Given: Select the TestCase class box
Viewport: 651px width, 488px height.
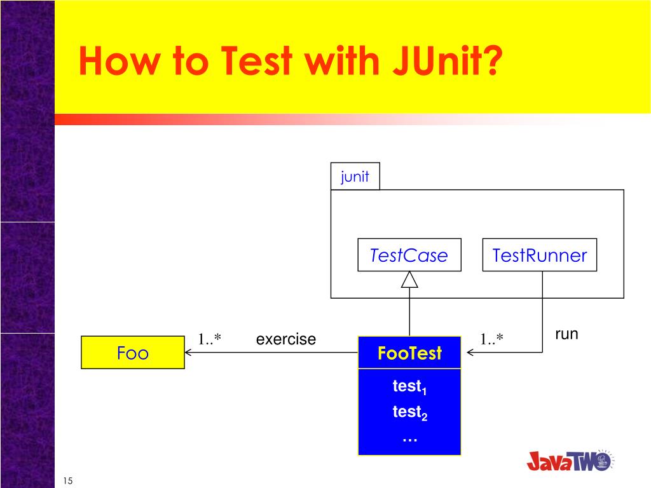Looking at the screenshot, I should click(x=409, y=255).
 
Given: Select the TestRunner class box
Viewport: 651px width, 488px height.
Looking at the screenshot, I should click(x=539, y=255).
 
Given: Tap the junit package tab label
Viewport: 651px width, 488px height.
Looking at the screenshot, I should click(x=355, y=177).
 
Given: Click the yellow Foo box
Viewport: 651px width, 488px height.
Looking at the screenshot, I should click(x=133, y=353).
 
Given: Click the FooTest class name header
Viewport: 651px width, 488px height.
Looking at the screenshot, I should click(x=409, y=353).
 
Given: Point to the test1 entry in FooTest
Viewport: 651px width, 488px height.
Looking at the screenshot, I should click(x=409, y=387).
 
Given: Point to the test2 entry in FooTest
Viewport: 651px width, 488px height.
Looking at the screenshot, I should click(x=409, y=413).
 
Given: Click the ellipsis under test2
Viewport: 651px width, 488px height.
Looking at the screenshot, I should click(x=409, y=438).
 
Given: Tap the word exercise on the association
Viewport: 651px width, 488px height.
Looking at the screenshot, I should click(x=285, y=339).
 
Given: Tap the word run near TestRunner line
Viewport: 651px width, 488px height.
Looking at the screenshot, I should click(x=566, y=334).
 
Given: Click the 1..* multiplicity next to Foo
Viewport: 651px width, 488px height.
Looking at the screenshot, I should click(x=209, y=340).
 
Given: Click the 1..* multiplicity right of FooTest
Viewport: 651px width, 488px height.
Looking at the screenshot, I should click(x=491, y=340).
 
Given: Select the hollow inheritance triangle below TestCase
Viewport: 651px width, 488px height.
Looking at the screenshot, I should click(x=409, y=280).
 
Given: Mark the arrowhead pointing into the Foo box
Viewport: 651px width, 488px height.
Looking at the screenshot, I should click(x=189, y=353).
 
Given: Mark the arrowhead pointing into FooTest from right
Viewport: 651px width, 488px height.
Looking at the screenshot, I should click(x=470, y=352).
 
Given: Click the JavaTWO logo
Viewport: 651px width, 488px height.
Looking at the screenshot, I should click(x=569, y=460).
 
